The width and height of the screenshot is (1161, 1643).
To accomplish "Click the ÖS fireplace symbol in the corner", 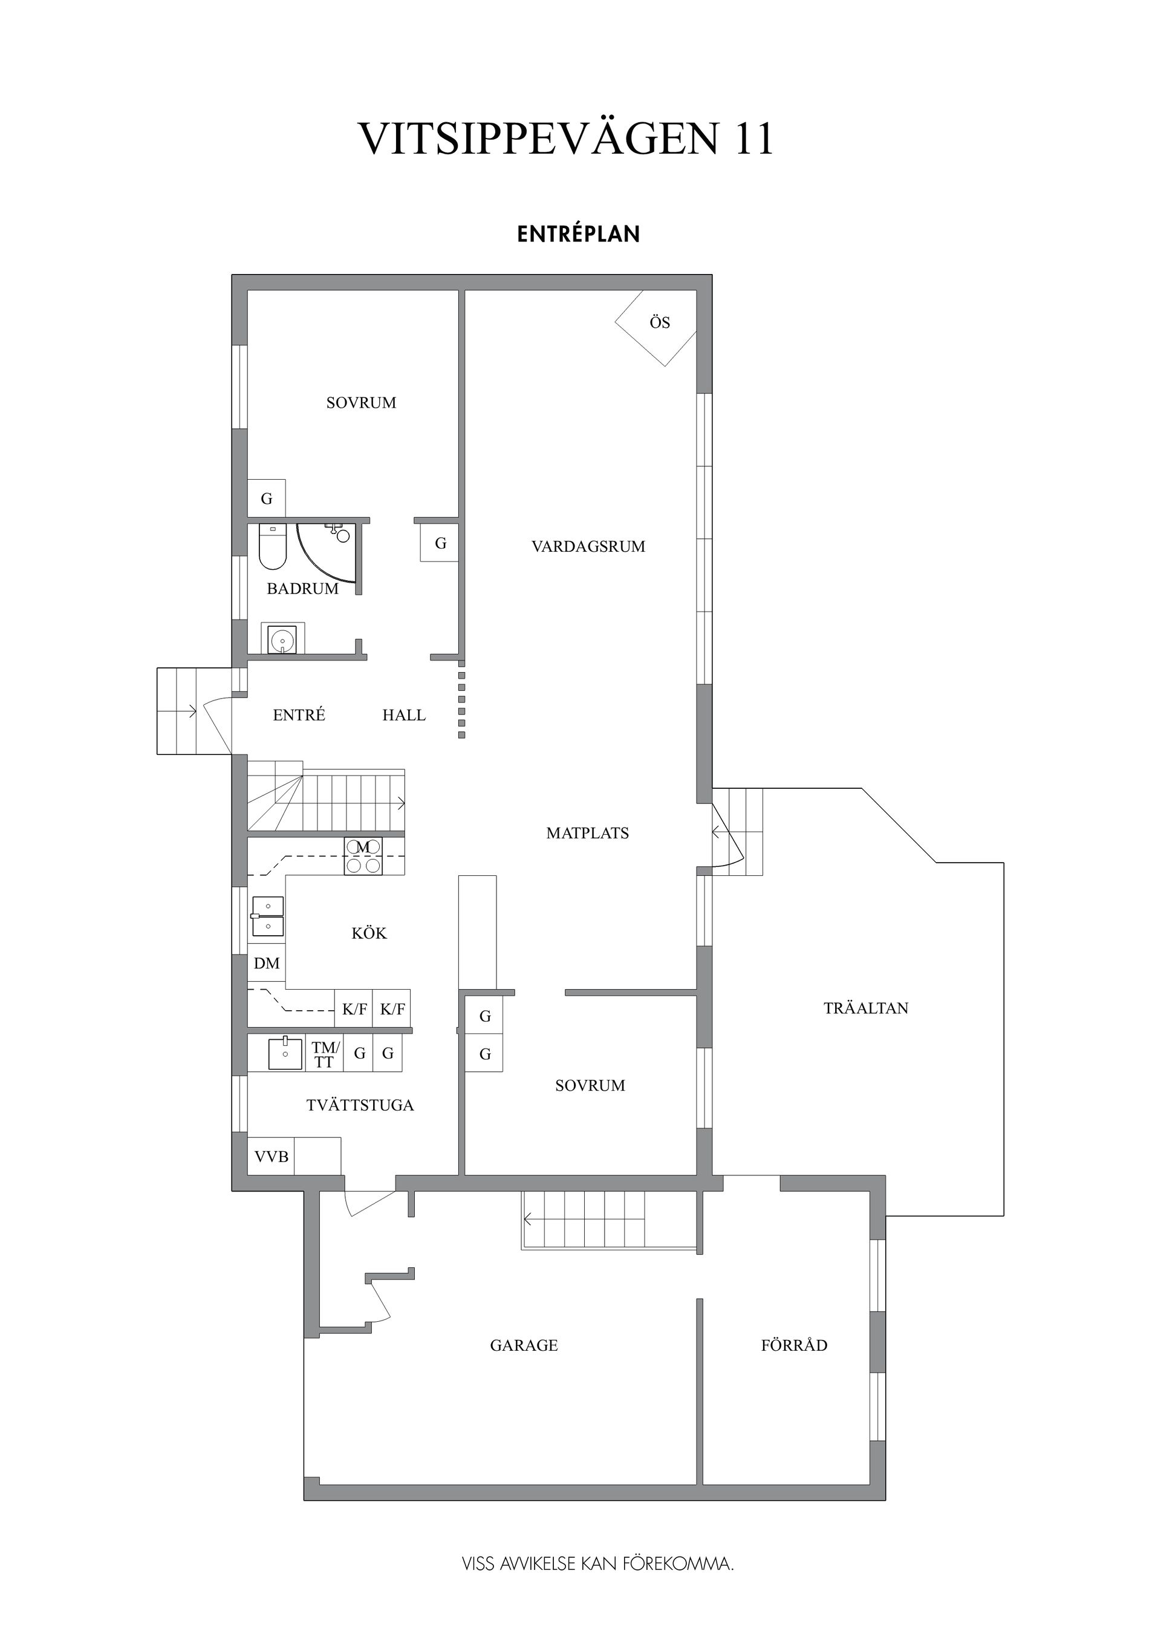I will click(x=657, y=326).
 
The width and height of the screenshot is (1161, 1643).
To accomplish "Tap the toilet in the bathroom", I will click(x=272, y=547).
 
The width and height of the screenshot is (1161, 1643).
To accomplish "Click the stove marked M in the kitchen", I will click(x=363, y=856).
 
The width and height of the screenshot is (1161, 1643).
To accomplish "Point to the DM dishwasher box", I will click(x=266, y=964).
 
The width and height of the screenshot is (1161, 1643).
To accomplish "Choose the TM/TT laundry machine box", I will click(x=325, y=1055).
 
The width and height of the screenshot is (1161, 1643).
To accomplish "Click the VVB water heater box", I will click(x=271, y=1157).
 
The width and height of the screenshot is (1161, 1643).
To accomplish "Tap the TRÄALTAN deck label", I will click(x=865, y=1008).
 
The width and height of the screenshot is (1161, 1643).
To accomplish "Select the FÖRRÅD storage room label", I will click(x=794, y=1345).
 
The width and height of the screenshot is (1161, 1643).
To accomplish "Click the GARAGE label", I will click(x=524, y=1345).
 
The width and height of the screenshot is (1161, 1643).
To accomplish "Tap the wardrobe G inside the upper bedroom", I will click(x=266, y=498).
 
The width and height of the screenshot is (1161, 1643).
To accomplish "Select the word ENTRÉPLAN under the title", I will click(x=578, y=235).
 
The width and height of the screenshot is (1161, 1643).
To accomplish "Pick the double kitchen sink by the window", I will click(x=267, y=916).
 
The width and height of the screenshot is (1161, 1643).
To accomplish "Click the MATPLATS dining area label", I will click(x=587, y=833).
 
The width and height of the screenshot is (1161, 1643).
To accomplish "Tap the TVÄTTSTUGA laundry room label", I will click(x=360, y=1106).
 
